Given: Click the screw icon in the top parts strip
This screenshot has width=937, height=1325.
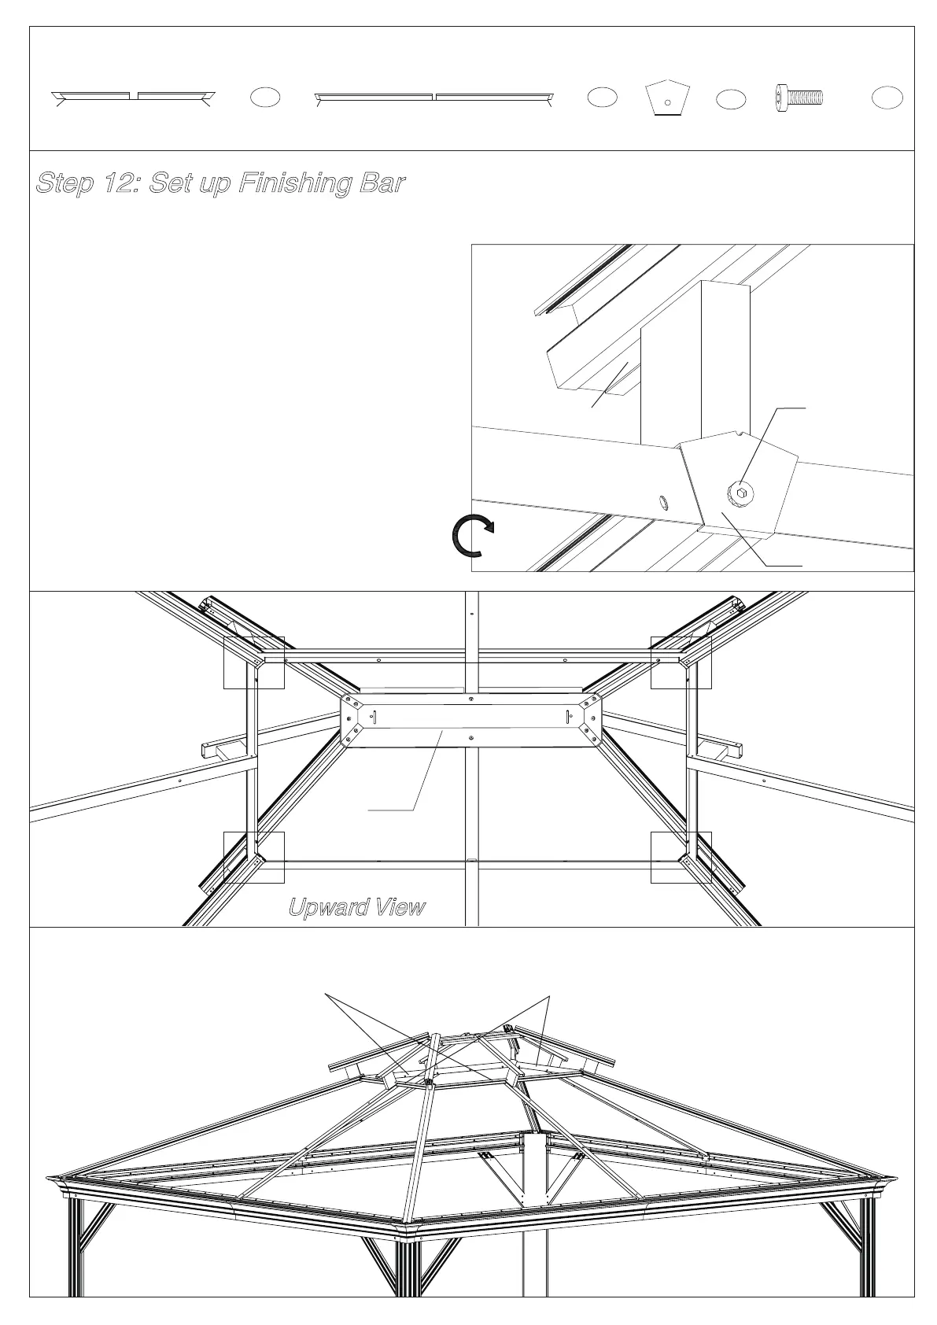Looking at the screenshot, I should pos(799,97).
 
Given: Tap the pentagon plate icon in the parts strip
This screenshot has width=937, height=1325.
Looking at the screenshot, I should pos(667,98).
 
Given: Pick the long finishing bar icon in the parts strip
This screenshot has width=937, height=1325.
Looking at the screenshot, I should pos(434,98).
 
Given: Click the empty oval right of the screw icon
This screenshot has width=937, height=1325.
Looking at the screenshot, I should pos(887,98).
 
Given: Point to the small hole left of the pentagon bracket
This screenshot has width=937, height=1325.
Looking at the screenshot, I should pos(663,502).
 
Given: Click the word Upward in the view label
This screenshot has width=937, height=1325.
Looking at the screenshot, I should pos(328,907).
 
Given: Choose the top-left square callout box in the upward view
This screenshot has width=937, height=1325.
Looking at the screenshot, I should pos(254,662).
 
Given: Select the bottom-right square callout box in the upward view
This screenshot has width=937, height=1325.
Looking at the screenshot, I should pos(681,857).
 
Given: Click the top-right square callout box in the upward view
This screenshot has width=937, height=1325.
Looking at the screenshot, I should pos(681,662).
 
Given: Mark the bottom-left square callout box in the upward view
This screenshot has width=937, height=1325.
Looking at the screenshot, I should pos(254,857).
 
